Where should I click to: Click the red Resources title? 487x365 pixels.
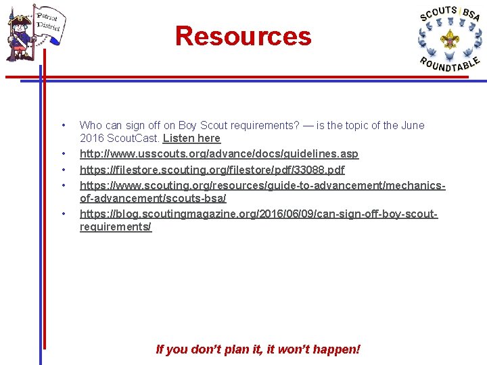click(243, 36)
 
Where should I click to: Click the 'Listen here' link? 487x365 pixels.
click(191, 138)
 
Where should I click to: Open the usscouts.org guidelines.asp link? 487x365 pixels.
click(219, 154)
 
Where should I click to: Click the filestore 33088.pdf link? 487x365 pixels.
click(212, 170)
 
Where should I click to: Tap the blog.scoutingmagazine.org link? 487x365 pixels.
click(258, 214)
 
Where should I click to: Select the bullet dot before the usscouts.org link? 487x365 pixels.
click(63, 154)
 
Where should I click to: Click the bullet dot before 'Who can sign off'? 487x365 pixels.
click(63, 125)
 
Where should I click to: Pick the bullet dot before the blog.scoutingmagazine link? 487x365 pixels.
click(63, 214)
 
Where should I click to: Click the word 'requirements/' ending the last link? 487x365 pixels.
click(116, 227)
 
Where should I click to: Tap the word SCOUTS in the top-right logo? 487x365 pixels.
click(438, 14)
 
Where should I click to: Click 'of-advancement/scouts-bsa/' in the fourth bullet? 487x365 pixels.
click(153, 198)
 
